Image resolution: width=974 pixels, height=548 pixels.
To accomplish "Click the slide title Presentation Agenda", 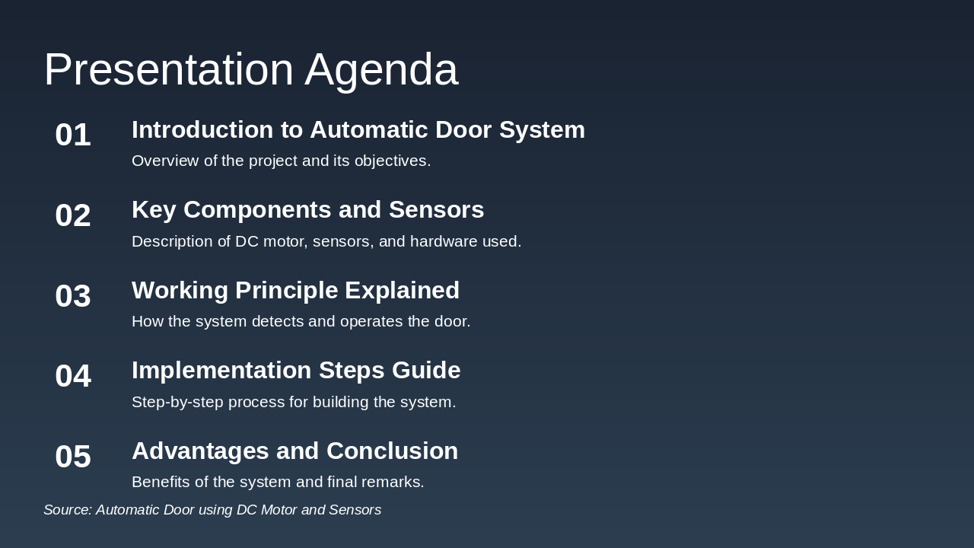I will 250,69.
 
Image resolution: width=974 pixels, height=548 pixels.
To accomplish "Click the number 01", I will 73,135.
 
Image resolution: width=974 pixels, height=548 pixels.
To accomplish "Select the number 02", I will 73,215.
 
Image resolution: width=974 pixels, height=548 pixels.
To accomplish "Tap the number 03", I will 73,296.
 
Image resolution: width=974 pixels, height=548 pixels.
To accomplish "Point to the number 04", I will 73,376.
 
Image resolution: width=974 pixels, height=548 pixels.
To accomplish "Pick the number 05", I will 73,457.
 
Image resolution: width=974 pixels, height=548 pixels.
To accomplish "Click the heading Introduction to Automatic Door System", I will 358,130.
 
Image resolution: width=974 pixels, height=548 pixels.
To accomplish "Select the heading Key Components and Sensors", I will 307,210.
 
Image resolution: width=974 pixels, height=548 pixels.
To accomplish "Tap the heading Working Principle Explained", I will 295,291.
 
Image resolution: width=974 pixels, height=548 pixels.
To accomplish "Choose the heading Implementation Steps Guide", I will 296,371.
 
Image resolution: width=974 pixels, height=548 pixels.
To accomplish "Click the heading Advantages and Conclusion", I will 294,451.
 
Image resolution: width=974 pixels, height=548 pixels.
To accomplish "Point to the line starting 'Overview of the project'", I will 281,161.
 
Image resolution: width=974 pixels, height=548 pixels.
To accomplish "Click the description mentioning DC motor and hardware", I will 326,242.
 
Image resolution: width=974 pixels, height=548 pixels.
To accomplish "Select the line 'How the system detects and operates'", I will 301,322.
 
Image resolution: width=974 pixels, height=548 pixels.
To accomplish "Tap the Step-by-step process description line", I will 294,403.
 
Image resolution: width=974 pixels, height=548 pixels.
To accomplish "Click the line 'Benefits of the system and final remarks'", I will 278,483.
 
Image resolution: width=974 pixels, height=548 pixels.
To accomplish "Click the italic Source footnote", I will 212,510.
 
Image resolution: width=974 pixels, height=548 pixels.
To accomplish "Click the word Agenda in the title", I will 381,69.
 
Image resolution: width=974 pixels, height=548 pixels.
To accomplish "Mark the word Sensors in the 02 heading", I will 436,210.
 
